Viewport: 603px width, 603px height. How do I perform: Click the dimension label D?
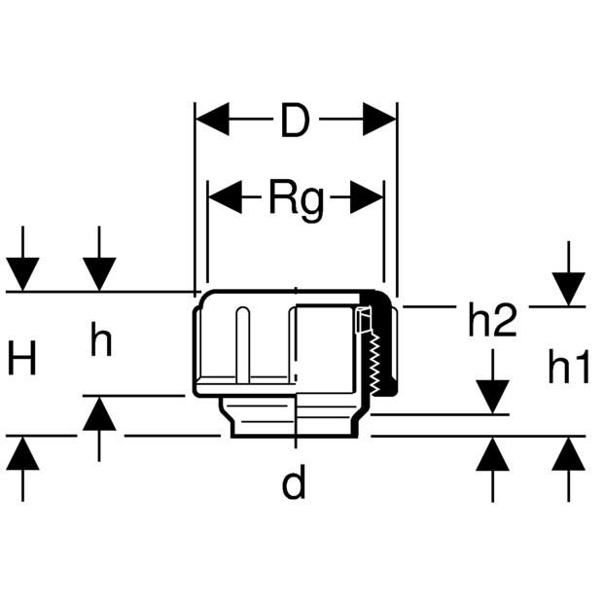pyautogui.click(x=295, y=120)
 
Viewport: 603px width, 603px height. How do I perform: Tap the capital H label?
pyautogui.click(x=22, y=357)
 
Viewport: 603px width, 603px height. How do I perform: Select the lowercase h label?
pyautogui.click(x=101, y=338)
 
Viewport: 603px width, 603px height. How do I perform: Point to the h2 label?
pyautogui.click(x=492, y=320)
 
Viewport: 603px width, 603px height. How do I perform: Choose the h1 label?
pyautogui.click(x=568, y=366)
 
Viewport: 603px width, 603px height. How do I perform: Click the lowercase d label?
pyautogui.click(x=294, y=480)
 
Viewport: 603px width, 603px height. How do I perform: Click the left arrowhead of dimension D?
pyautogui.click(x=213, y=120)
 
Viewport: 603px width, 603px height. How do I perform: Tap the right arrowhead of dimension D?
pyautogui.click(x=379, y=120)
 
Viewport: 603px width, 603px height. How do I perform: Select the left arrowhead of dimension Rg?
pyautogui.click(x=225, y=196)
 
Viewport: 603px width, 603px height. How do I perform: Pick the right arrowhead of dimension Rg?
pyautogui.click(x=367, y=196)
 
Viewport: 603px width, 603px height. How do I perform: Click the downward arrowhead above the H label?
pyautogui.click(x=22, y=274)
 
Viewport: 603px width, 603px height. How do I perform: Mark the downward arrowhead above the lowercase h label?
pyautogui.click(x=99, y=274)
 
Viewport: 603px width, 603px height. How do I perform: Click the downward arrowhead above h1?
pyautogui.click(x=569, y=289)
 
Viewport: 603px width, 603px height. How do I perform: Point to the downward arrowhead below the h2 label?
pyautogui.click(x=493, y=397)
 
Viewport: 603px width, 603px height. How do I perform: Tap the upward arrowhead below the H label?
pyautogui.click(x=22, y=453)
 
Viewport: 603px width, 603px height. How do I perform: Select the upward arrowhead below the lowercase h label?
pyautogui.click(x=99, y=413)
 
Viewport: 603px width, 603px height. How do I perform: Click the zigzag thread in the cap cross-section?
pyautogui.click(x=374, y=364)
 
